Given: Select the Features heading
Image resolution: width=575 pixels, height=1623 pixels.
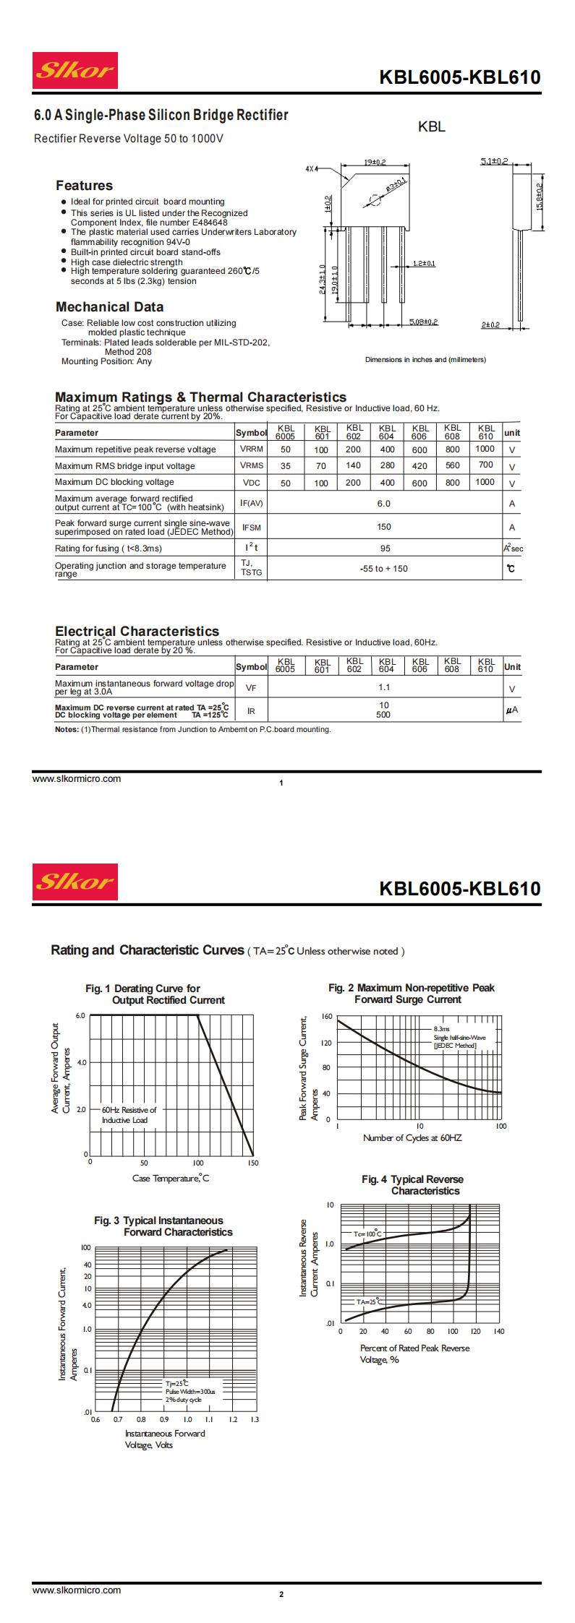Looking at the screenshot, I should [x=85, y=186].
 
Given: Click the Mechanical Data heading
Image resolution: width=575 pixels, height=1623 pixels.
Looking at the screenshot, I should [x=109, y=306].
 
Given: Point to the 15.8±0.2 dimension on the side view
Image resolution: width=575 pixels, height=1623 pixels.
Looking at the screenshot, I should [x=540, y=197].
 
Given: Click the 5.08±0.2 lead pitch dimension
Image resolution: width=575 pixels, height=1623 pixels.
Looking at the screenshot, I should [x=423, y=322].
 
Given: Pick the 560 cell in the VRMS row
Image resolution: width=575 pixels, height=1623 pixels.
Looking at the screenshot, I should [x=452, y=465].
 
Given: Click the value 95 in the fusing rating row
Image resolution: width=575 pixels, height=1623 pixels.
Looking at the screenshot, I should [x=385, y=548].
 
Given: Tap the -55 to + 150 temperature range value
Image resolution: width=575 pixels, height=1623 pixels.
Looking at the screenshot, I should [x=384, y=568].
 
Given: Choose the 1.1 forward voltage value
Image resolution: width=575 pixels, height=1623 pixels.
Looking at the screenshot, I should [x=384, y=687].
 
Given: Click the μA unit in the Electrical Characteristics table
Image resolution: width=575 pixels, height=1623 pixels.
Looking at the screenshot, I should [x=512, y=710].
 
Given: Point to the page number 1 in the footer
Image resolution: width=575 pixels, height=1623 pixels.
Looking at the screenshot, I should [x=281, y=783].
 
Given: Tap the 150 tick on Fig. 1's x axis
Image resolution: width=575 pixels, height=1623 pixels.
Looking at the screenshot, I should [x=252, y=1163].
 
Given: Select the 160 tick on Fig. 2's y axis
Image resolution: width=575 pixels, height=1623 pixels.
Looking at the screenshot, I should [x=326, y=1016].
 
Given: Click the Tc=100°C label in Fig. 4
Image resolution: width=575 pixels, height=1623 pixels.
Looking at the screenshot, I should [x=367, y=1234].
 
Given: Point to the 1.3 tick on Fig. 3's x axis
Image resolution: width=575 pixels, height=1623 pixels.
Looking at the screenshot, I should [x=254, y=1419].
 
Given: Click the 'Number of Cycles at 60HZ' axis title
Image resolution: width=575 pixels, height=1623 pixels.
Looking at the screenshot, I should [x=412, y=1137].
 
